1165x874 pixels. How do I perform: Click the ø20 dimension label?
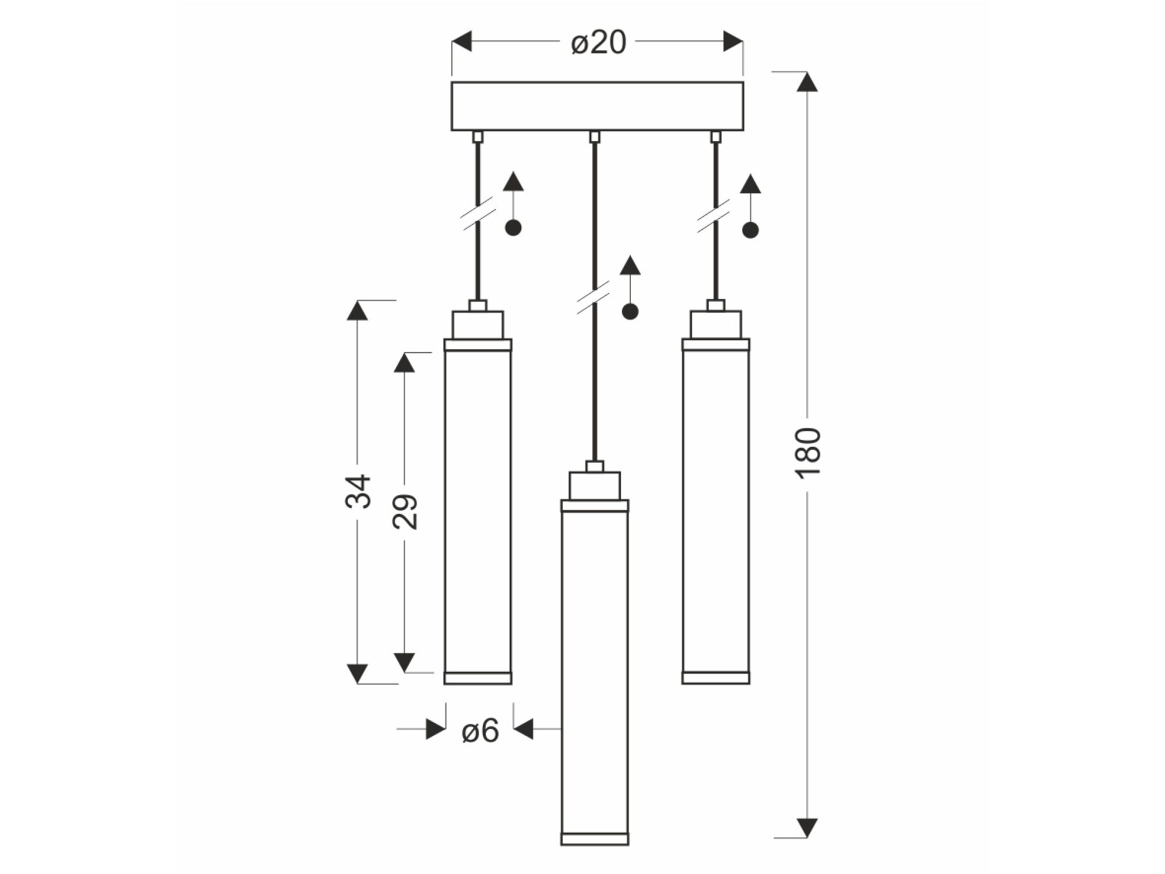point(598,43)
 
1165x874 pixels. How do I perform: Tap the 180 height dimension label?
point(809,454)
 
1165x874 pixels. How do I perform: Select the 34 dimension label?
point(358,492)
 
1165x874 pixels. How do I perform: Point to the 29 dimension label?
point(405,512)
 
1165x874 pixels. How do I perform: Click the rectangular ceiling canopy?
point(597,106)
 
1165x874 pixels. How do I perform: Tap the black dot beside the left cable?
point(513,228)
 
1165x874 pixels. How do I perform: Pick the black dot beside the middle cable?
point(630,312)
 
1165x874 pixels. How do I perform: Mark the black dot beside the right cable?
point(750,230)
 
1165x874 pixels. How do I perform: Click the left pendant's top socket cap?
point(478,325)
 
